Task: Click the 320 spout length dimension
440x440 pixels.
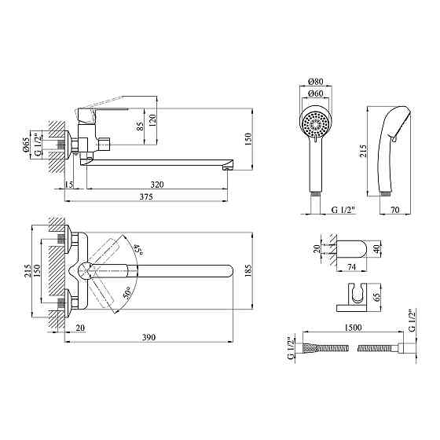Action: [157, 185]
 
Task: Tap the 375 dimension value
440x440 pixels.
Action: [146, 197]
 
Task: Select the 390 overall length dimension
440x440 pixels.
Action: [148, 337]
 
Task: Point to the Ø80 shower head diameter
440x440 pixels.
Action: [316, 82]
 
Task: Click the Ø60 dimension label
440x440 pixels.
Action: [316, 93]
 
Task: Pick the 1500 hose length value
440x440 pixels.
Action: [353, 327]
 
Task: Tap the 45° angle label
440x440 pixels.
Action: [138, 250]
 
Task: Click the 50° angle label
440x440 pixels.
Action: [127, 292]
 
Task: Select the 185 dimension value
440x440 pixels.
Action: [248, 270]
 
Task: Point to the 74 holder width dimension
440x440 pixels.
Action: [351, 267]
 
